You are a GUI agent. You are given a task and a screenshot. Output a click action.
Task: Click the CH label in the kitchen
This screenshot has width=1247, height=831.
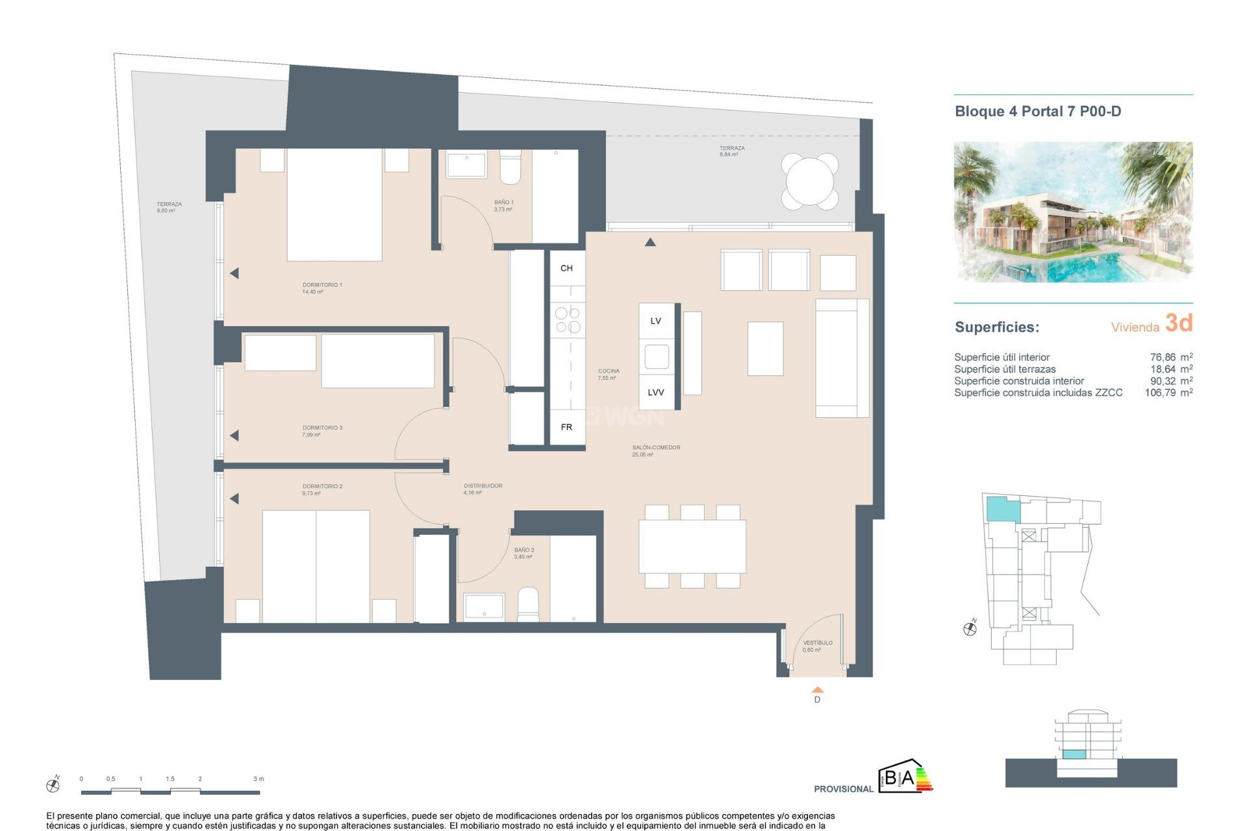tap(566, 268)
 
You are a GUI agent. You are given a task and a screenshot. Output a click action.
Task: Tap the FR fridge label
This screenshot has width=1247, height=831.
tap(566, 427)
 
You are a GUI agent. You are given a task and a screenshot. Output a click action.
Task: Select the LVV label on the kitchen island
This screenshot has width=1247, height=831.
tap(655, 392)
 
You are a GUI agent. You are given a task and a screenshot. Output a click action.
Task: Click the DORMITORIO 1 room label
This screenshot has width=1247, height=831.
tap(322, 285)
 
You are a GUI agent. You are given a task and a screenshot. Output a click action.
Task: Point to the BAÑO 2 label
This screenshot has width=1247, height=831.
tap(524, 550)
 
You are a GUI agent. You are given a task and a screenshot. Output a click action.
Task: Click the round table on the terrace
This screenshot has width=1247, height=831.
tap(809, 181)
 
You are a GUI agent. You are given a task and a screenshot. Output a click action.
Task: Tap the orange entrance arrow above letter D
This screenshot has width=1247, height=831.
tap(818, 689)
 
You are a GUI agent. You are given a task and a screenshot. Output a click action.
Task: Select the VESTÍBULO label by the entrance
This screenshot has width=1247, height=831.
tap(817, 643)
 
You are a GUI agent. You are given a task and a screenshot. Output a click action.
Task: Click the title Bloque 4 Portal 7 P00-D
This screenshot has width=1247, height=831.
tap(1037, 112)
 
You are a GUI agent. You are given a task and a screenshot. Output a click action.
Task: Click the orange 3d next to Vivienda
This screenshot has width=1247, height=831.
tap(1178, 323)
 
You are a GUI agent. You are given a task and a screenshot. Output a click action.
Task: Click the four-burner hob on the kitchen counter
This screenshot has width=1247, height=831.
tap(567, 320)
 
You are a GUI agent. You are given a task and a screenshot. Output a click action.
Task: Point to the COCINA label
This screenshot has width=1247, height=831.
tap(609, 371)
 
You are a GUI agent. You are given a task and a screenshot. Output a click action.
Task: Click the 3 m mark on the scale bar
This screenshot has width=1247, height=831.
tap(258, 778)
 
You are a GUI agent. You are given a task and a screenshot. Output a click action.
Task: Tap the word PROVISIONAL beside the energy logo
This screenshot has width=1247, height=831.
tap(843, 789)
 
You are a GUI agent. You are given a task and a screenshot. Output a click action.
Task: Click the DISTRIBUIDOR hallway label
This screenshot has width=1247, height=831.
tap(483, 486)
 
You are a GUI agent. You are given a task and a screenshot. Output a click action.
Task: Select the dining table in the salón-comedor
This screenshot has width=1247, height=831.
tap(692, 545)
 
